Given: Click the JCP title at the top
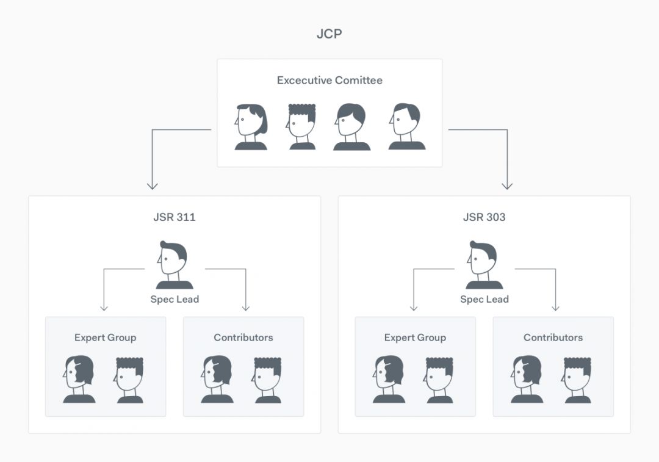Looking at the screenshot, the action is point(329,34).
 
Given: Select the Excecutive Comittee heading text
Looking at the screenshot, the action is point(329,80).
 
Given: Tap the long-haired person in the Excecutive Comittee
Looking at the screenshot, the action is point(251,127).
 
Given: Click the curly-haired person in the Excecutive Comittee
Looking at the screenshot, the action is point(302,127).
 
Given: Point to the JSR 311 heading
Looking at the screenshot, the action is point(175,217).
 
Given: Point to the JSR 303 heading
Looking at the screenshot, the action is point(484,217).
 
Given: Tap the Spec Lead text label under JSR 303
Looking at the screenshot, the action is point(484,299).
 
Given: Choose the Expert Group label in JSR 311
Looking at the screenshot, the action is point(105,337).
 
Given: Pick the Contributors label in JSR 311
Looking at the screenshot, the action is point(243,337).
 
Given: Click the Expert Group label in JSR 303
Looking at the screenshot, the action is point(415,337).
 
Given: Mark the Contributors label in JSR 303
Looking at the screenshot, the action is point(553,337).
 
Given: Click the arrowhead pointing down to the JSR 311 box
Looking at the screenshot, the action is point(153,185).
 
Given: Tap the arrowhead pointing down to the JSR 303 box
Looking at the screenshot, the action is point(506,185).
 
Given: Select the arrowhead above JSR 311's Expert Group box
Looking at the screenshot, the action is point(104,307).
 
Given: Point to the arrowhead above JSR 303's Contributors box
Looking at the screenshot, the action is point(555,307).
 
